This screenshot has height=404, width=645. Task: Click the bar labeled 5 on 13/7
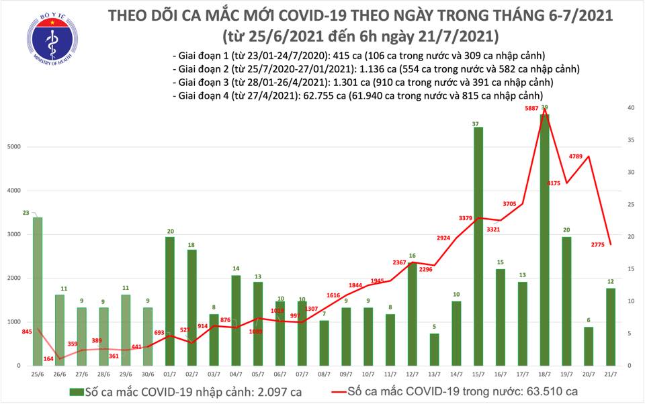pyautogui.click(x=435, y=349)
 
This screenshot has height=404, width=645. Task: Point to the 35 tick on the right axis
pyautogui.click(x=630, y=140)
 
